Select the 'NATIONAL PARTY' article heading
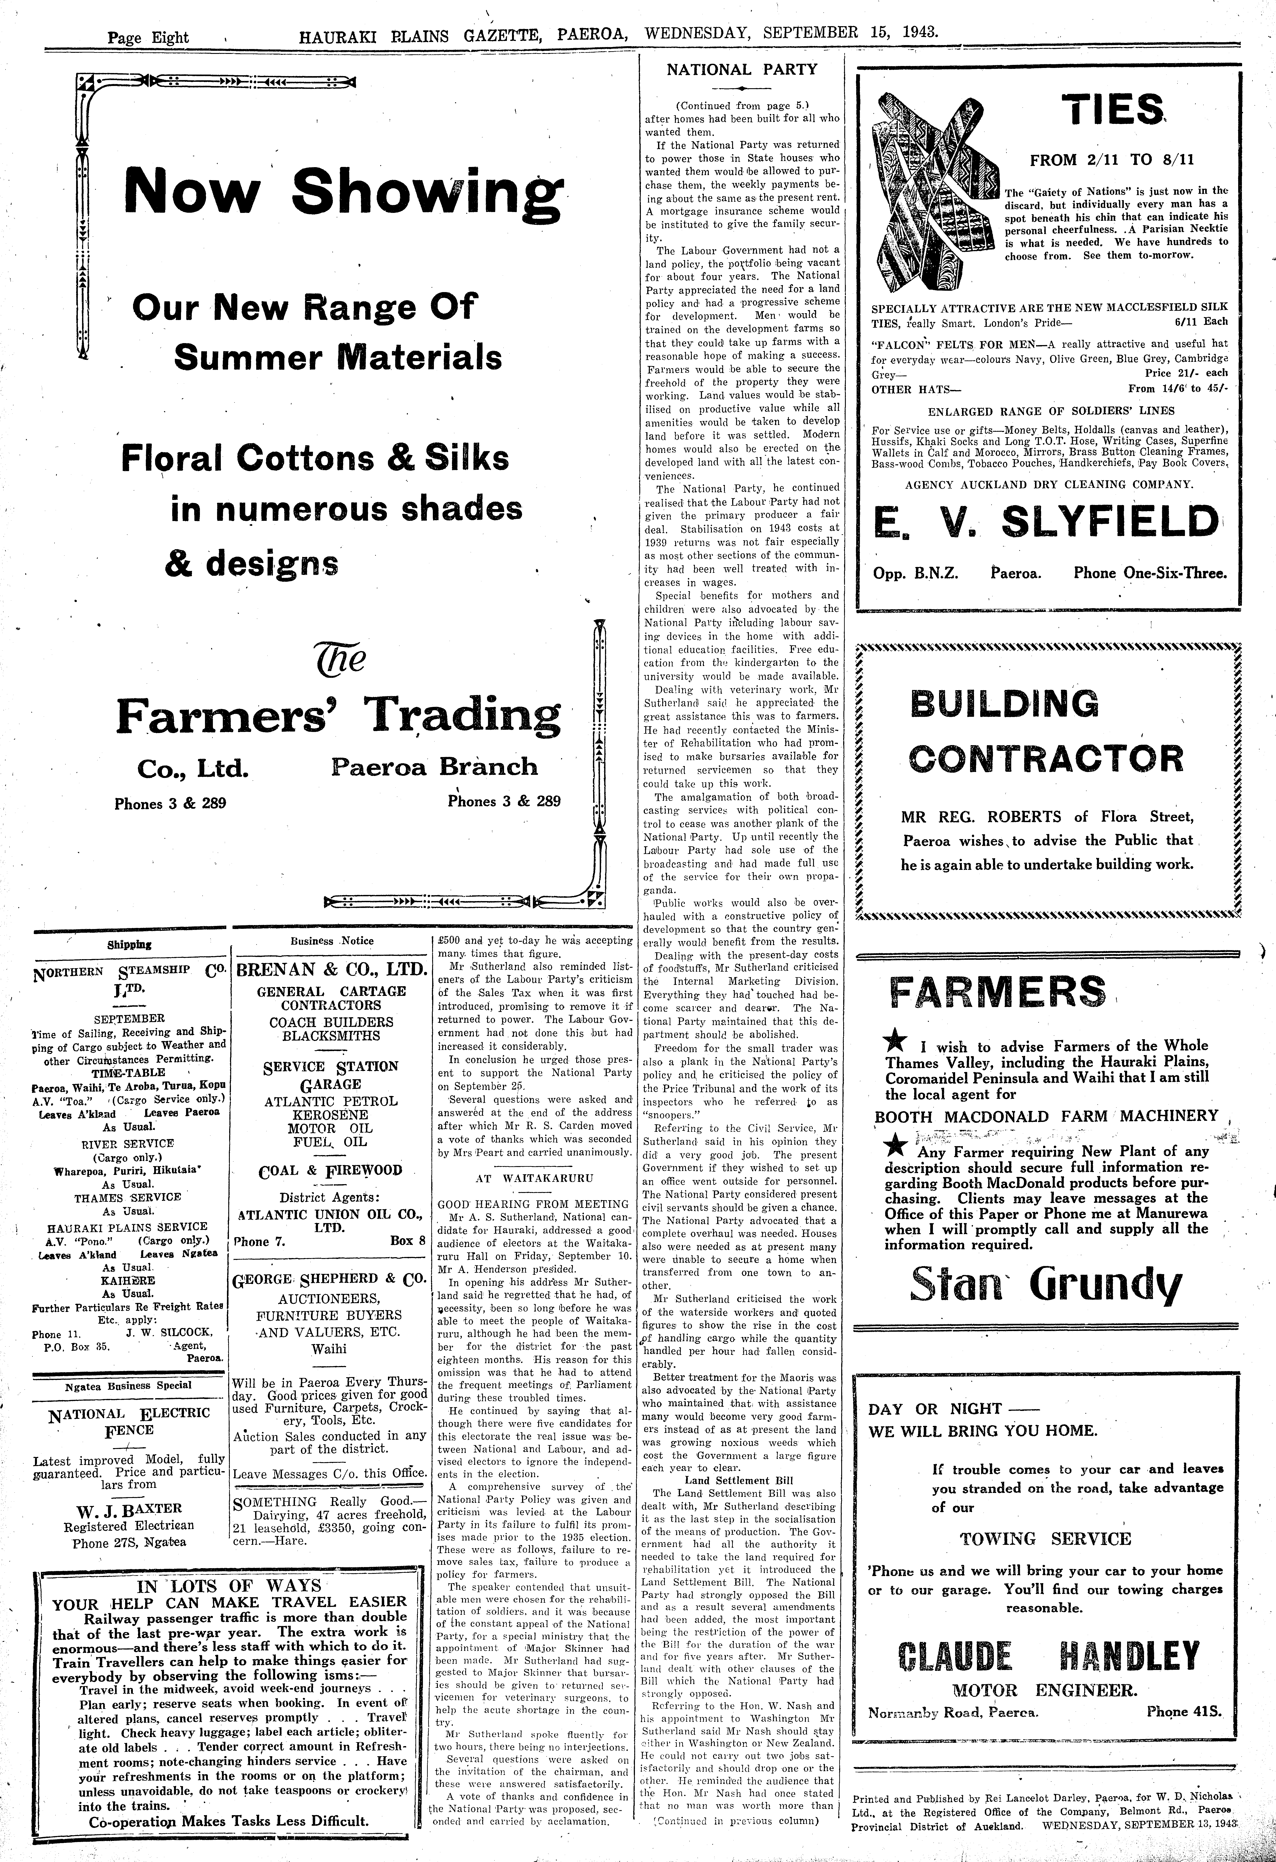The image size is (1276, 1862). (x=742, y=70)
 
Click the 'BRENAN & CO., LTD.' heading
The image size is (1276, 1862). (x=331, y=970)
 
